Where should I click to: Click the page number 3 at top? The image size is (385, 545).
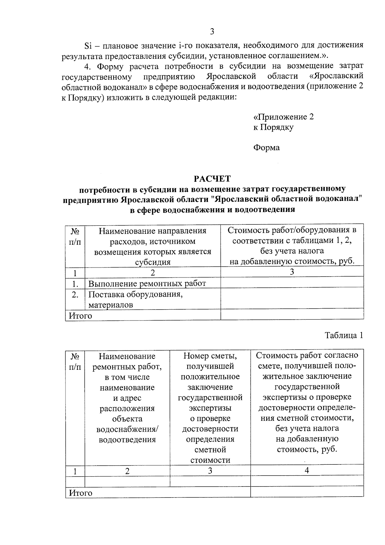(212, 31)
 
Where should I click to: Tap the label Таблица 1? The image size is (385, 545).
(344, 335)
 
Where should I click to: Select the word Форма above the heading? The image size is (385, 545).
(266, 148)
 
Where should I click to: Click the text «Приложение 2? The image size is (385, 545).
(283, 117)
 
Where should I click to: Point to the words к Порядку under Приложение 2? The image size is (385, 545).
(273, 127)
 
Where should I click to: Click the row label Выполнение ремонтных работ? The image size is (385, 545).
(147, 283)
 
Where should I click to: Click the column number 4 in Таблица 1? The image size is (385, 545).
(307, 470)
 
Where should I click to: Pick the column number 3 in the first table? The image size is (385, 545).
(292, 272)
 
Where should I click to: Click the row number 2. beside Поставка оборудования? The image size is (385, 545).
(75, 294)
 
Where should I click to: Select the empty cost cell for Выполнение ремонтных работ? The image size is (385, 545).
(292, 283)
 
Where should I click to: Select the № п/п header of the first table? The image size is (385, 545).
(75, 236)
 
